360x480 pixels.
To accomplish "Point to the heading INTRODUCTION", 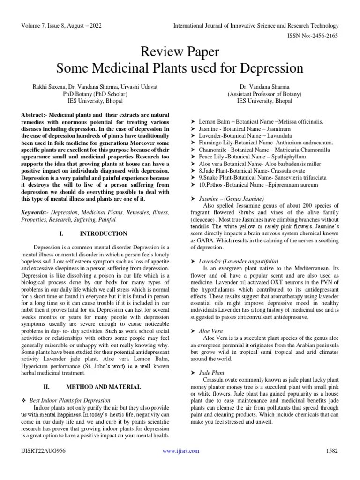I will pyautogui.click(x=103, y=233).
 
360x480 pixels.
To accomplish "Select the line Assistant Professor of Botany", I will pyautogui.click(x=264, y=94).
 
